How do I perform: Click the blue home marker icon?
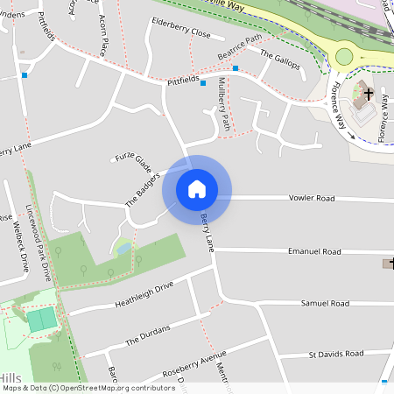[197, 188]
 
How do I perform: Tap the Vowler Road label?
[313, 199]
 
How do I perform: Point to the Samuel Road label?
[325, 303]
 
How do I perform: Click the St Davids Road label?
[335, 355]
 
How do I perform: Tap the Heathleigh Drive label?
[144, 295]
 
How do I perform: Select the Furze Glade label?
[132, 163]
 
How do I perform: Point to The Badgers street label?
[143, 188]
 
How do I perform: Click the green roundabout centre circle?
[344, 57]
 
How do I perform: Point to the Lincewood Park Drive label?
[39, 246]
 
